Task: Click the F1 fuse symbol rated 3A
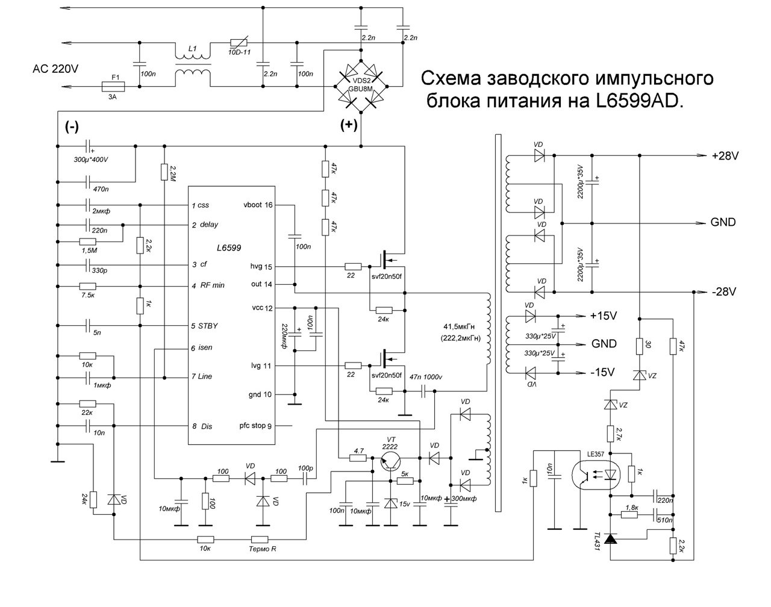[113, 86]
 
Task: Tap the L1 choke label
[193, 48]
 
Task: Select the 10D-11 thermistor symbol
[239, 43]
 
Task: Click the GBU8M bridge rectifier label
[361, 89]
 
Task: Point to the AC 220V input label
[55, 69]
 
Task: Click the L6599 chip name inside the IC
[229, 247]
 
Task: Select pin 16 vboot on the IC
[258, 205]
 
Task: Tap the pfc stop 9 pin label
[255, 426]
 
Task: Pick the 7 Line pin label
[202, 376]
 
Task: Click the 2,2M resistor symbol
[164, 172]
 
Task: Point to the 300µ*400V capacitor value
[90, 160]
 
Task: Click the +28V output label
[725, 156]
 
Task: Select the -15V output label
[602, 372]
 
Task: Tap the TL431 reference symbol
[610, 538]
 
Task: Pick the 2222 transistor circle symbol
[390, 462]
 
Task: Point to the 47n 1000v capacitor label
[426, 377]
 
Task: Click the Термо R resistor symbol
[260, 540]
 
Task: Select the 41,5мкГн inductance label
[459, 326]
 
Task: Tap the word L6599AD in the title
[640, 101]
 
